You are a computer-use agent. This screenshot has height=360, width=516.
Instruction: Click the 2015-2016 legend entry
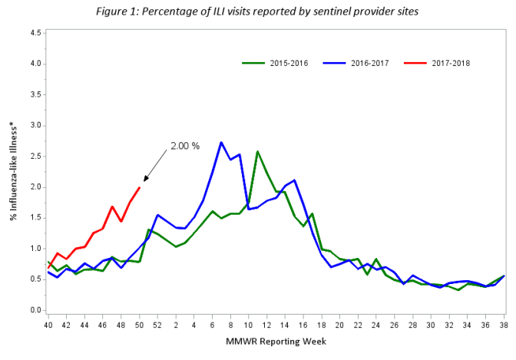[277, 63]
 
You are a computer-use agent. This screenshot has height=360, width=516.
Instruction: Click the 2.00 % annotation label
[184, 145]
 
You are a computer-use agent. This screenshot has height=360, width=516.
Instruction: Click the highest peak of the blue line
[221, 142]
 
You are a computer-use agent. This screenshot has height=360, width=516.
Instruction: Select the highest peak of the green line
[257, 151]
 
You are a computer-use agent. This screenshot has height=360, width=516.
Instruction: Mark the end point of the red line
[139, 187]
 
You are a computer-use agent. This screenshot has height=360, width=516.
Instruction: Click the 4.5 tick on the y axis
[35, 33]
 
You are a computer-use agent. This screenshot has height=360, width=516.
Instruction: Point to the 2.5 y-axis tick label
[35, 157]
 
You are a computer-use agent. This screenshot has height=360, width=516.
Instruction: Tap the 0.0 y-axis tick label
[35, 311]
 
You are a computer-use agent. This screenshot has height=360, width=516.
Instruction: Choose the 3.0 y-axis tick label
[35, 126]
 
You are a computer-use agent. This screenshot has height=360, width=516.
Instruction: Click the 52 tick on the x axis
[157, 325]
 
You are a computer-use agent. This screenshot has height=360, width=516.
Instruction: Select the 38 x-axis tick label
[503, 325]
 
